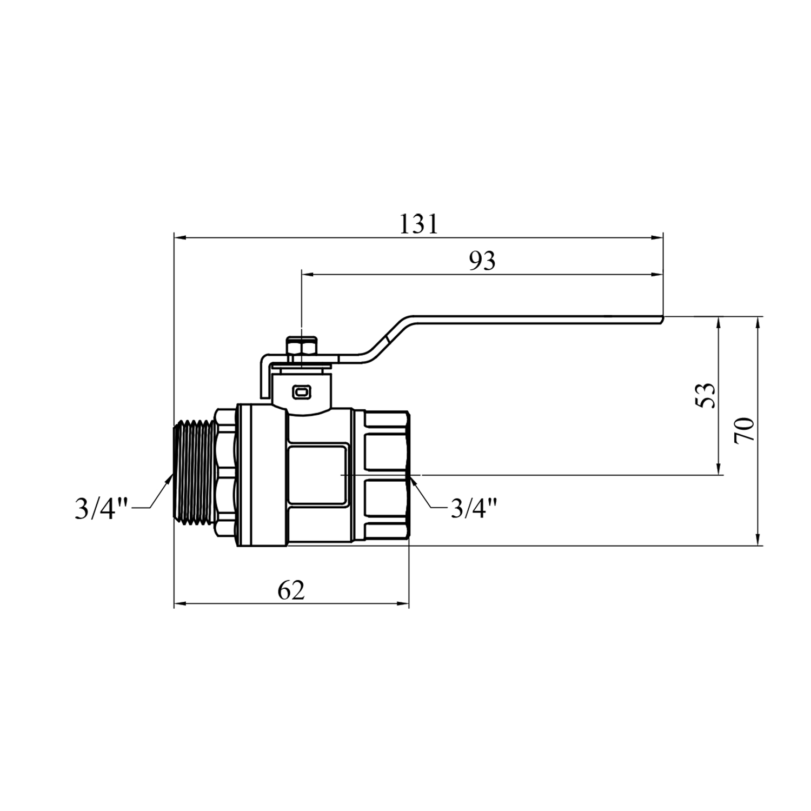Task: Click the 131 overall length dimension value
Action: [418, 224]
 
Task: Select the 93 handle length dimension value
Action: [482, 262]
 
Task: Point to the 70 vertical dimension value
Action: [744, 430]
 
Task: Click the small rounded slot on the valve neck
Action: [302, 392]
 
